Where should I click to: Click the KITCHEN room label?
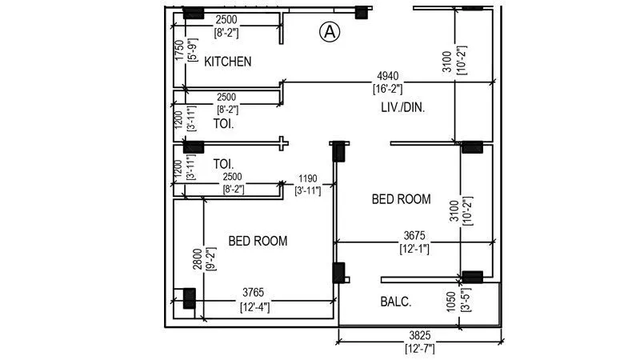pos(228,62)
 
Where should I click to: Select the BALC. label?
pos(396,302)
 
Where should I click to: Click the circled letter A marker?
pos(330,32)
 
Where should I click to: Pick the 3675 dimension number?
pos(415,237)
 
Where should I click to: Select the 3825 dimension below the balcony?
pos(420,337)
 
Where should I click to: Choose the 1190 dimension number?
pos(308,179)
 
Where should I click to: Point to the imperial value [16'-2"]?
pos(390,88)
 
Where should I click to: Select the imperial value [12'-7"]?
pos(420,348)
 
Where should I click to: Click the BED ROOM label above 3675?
pos(401,199)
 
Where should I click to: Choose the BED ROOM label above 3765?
pos(258,241)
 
